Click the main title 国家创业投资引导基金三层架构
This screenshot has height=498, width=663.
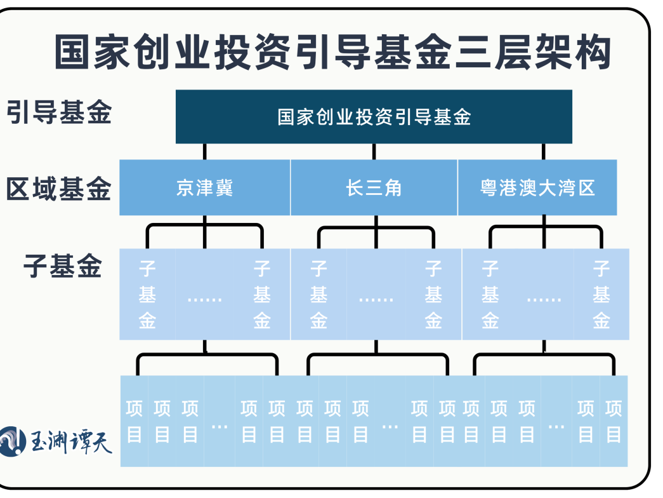tap(332, 52)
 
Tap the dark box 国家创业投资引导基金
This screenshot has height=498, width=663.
tap(374, 117)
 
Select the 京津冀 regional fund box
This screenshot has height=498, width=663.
tap(204, 188)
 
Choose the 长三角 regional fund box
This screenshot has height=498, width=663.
tap(374, 188)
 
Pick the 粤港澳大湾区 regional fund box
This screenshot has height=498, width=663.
tap(537, 188)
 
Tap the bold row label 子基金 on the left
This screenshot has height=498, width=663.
tap(63, 266)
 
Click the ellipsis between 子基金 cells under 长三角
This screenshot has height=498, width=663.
tap(376, 297)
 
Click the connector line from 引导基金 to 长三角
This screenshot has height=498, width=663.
tap(374, 151)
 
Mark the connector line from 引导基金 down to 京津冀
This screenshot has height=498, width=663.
tap(204, 151)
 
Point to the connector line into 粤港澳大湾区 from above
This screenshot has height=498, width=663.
tap(544, 151)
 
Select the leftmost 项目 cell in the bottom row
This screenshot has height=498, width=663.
tap(134, 421)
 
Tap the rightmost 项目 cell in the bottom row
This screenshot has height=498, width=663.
tap(614, 421)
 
